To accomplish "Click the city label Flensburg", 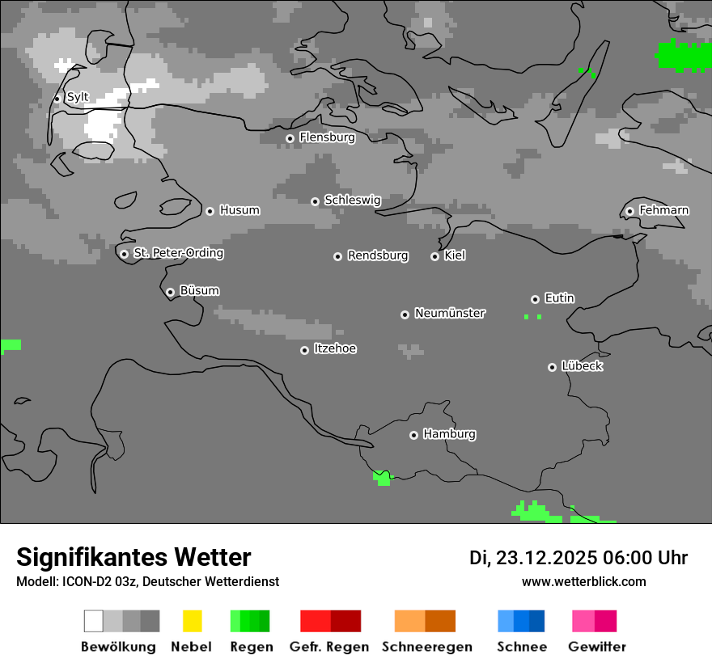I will [x=327, y=137].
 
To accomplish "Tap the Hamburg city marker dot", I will [x=413, y=435].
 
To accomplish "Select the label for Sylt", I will [x=78, y=97].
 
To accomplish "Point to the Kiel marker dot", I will [x=434, y=256].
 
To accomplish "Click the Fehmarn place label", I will [x=663, y=210].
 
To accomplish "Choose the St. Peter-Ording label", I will [x=178, y=253].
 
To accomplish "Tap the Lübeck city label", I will [x=582, y=366].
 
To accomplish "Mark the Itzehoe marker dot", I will [x=304, y=350].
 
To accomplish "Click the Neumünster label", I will [x=450, y=313].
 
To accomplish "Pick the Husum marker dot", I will [x=210, y=211].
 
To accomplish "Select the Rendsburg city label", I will [x=378, y=255].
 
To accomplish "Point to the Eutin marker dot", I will [x=535, y=299].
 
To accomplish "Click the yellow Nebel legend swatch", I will [x=192, y=621].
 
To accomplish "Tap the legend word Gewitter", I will [x=597, y=647].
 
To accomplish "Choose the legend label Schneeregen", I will [x=427, y=647].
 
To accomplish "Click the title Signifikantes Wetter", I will [x=133, y=557].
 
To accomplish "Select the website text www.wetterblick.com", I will [x=583, y=581].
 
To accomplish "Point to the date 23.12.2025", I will [x=547, y=558].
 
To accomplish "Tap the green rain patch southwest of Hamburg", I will [x=382, y=477].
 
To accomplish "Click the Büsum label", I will [x=199, y=290].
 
